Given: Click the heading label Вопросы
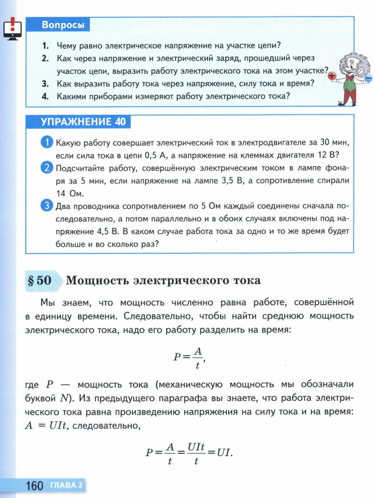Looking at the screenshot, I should [x=63, y=25].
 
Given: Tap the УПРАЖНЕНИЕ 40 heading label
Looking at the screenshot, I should [x=83, y=122].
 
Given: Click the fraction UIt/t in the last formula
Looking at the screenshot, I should [x=195, y=452].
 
